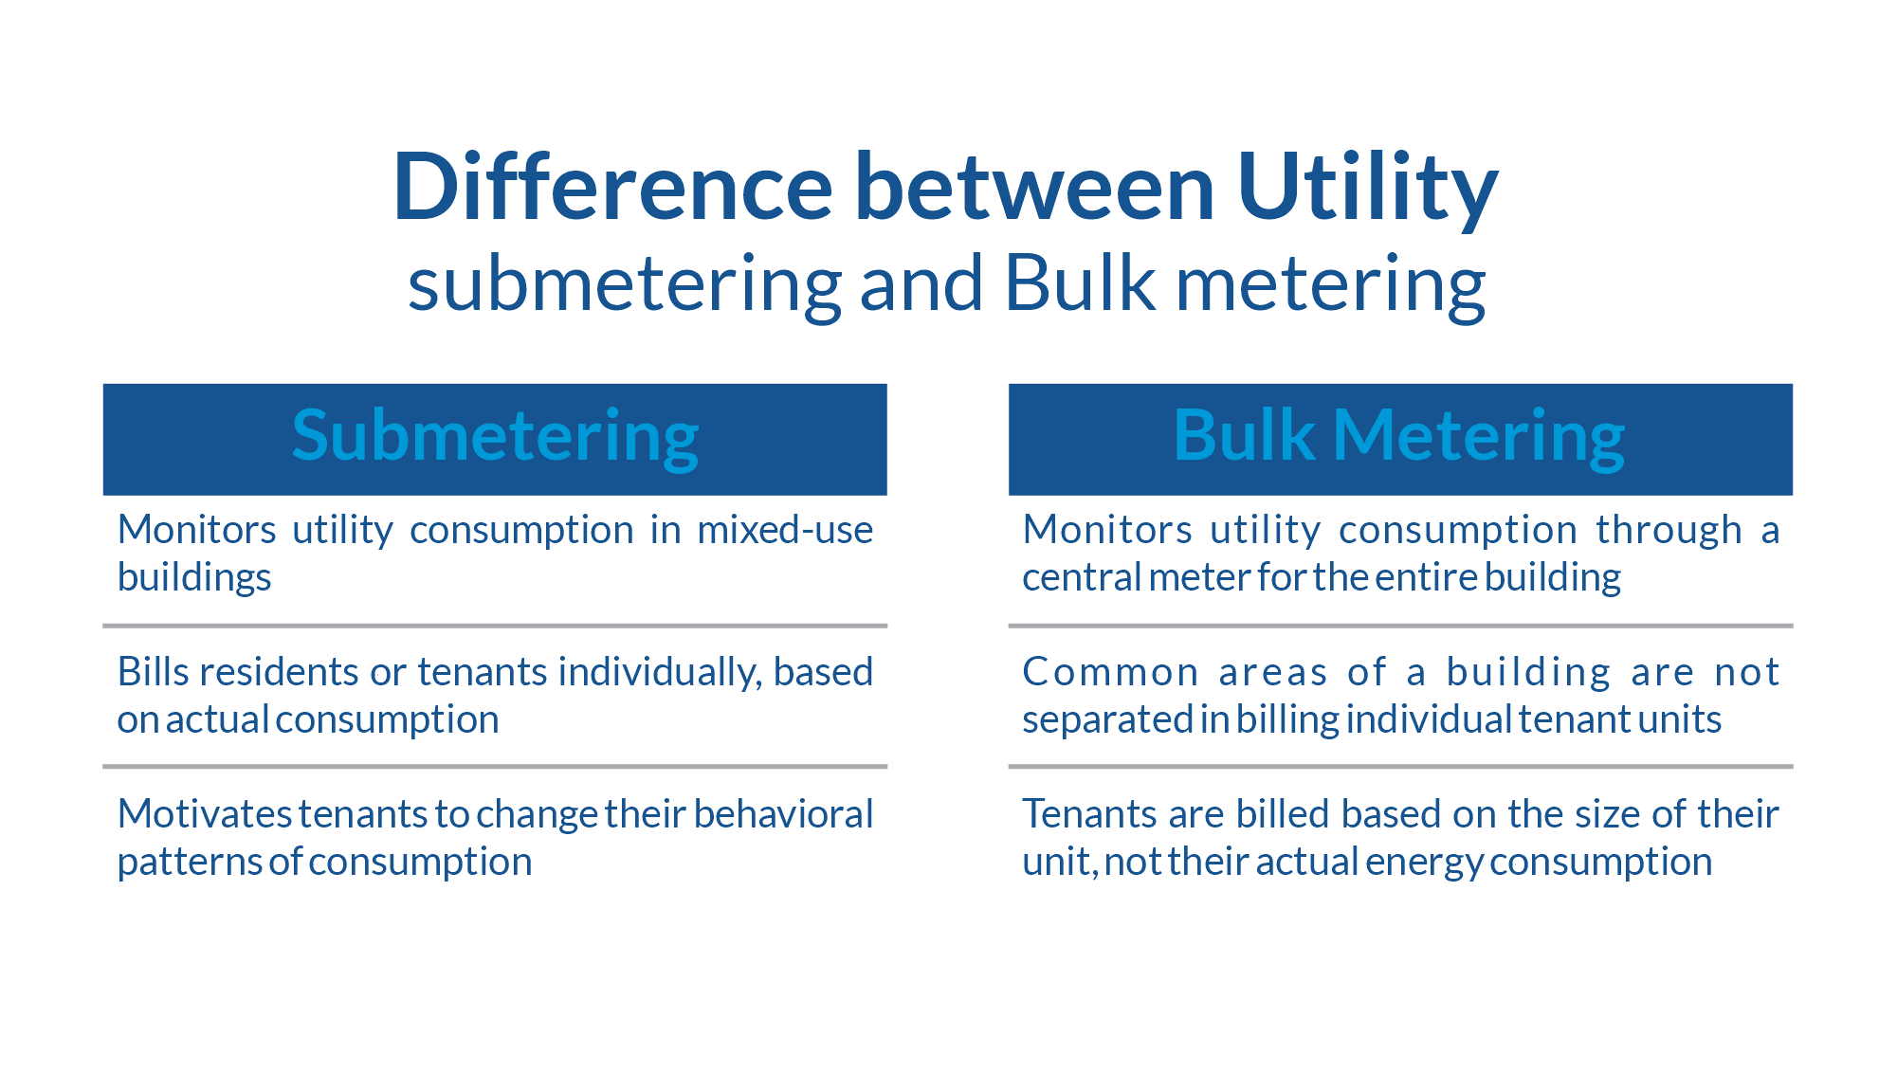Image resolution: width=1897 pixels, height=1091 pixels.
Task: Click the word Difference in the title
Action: [613, 187]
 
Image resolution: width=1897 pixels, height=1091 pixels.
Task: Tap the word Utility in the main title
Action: [1367, 190]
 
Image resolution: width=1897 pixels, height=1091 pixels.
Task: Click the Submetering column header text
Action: [495, 437]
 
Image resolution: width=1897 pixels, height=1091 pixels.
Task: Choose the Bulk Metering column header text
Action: [1399, 437]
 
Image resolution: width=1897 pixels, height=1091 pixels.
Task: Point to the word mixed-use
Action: [785, 530]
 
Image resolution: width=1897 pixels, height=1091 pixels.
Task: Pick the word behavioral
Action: [783, 814]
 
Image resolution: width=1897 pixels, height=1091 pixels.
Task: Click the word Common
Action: [1111, 672]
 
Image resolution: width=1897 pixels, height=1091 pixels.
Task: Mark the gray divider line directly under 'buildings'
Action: [495, 626]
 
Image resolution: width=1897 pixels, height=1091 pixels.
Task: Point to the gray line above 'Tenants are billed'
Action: [1400, 766]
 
